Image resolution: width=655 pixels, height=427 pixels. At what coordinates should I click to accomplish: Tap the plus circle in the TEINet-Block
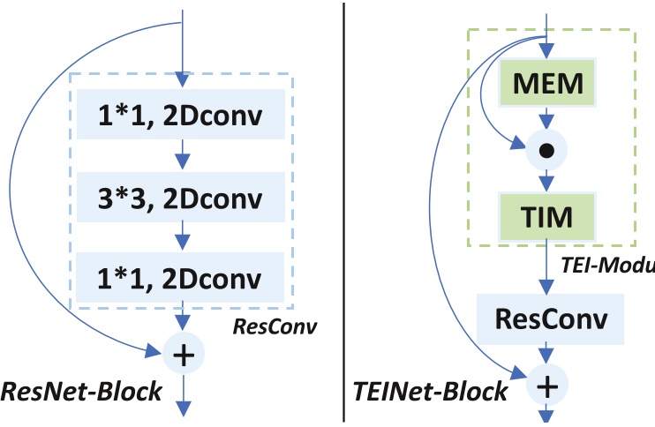(x=546, y=385)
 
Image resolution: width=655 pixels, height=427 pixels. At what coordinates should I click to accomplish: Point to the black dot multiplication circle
(x=546, y=151)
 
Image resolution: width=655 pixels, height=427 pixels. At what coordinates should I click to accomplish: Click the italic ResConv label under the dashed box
(x=275, y=327)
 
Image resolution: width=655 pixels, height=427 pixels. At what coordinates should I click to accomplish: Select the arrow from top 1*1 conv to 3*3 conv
(x=182, y=154)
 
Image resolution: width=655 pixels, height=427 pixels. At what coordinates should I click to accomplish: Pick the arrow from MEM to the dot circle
(x=546, y=119)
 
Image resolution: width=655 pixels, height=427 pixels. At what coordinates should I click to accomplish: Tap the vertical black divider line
(x=343, y=212)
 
